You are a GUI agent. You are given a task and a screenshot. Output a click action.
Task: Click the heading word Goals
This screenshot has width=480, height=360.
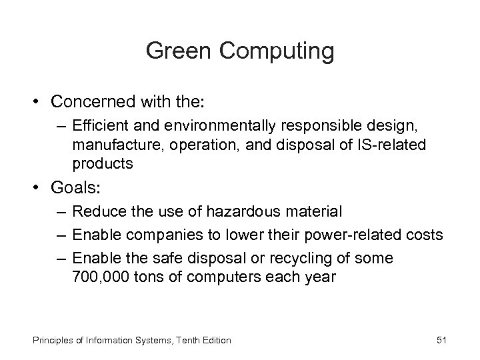(71, 187)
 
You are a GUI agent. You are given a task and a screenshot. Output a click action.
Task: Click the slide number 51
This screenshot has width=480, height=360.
(441, 340)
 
